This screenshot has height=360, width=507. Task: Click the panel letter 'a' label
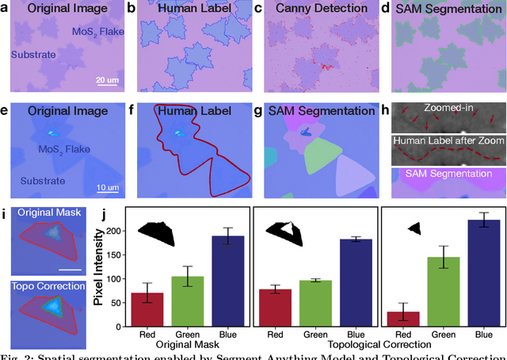tap(5, 9)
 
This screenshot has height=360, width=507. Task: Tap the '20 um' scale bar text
tap(106, 80)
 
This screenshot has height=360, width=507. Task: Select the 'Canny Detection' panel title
tap(321, 9)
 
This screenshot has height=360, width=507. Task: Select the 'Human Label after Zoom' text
tap(448, 141)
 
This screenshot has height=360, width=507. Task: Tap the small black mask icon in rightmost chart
tap(413, 228)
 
